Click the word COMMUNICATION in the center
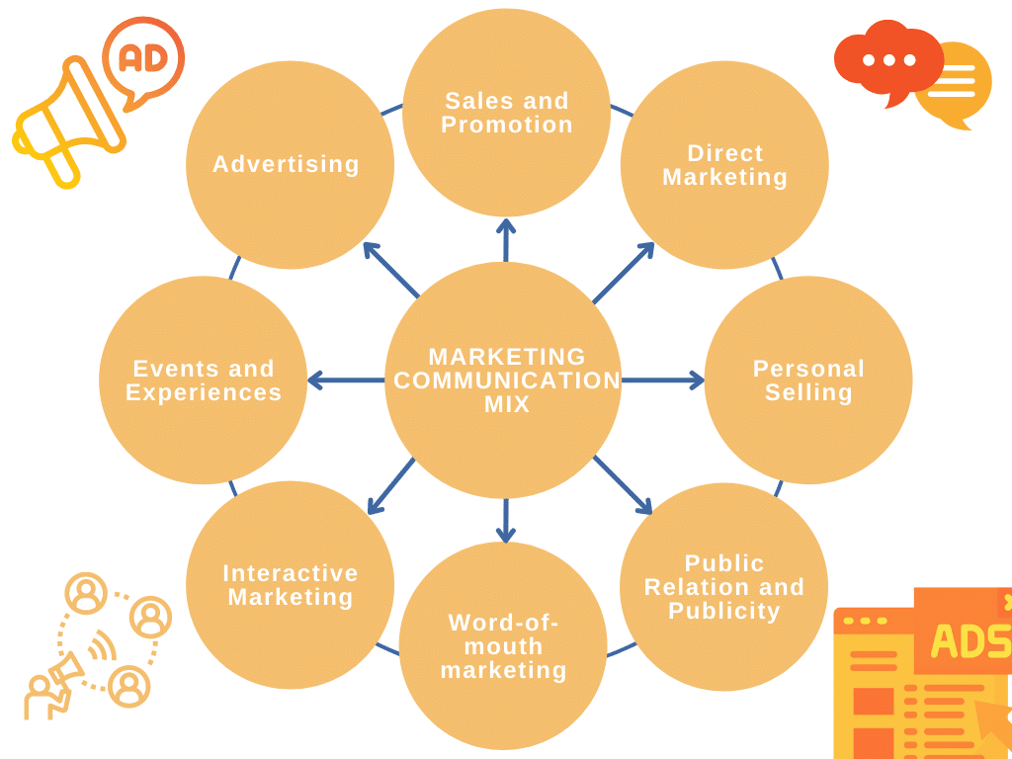click(x=507, y=380)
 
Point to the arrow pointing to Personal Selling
click(x=662, y=380)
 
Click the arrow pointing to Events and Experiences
click(x=346, y=380)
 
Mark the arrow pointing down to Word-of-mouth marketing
click(x=506, y=520)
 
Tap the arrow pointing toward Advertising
click(x=391, y=270)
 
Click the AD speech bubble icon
click(x=143, y=58)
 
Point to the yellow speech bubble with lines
click(x=954, y=83)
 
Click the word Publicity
click(x=724, y=611)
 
